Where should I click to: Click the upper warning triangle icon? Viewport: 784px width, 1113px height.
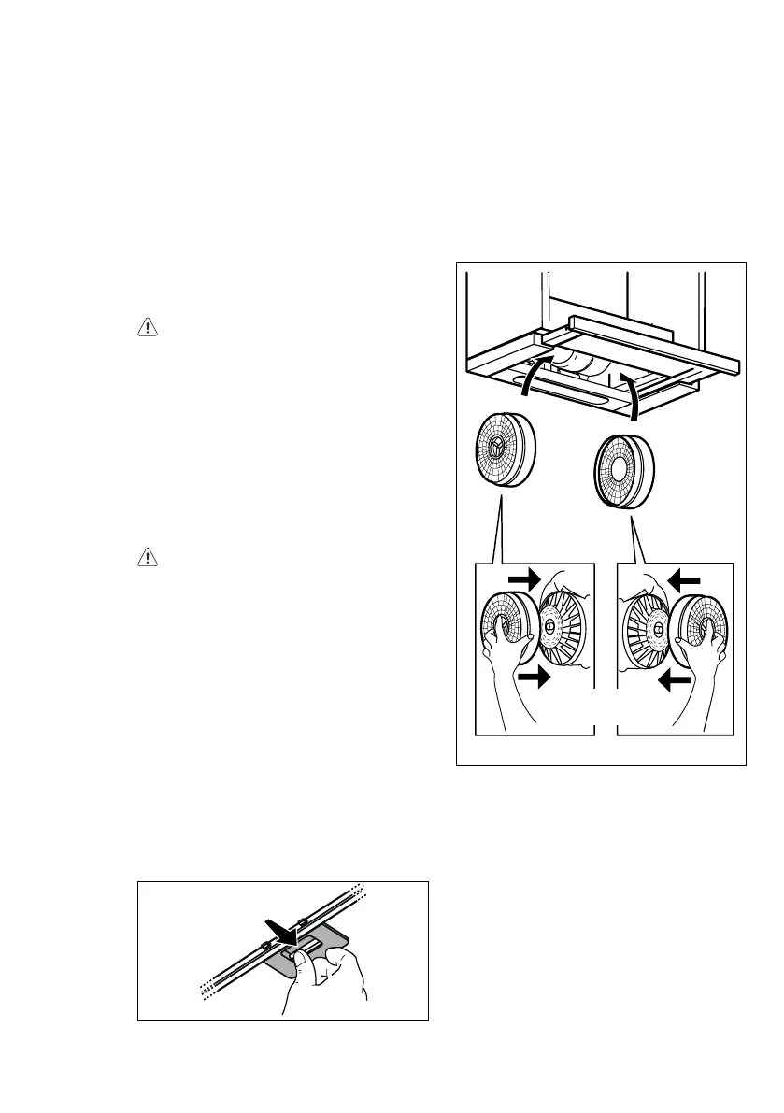[x=147, y=328]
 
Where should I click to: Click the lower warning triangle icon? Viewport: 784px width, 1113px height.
[x=147, y=558]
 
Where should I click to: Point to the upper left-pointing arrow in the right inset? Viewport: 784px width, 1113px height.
[x=688, y=580]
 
